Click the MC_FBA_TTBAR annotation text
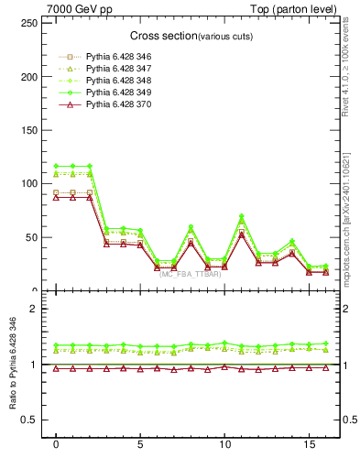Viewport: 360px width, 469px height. pos(191,273)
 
